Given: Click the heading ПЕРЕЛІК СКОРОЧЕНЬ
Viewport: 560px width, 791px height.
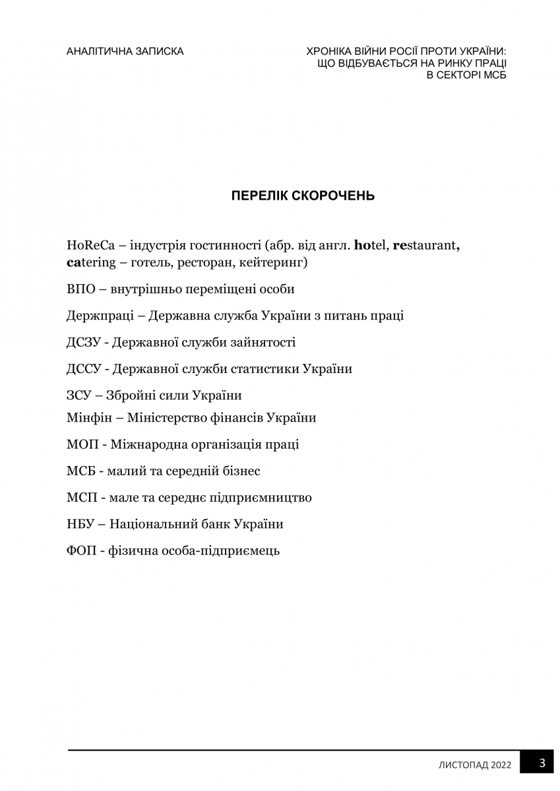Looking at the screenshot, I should pyautogui.click(x=303, y=196).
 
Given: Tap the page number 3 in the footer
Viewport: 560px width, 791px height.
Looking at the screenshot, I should pyautogui.click(x=542, y=763).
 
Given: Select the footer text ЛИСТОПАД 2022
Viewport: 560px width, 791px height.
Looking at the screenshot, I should pyautogui.click(x=475, y=765).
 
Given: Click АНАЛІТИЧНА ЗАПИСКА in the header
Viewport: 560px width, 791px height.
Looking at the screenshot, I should pyautogui.click(x=125, y=51).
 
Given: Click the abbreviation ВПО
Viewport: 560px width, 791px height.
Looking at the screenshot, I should pyautogui.click(x=80, y=289).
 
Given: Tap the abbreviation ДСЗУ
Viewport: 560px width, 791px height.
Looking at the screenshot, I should pyautogui.click(x=82, y=342).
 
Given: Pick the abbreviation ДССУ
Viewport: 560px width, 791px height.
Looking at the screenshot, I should pyautogui.click(x=82, y=368).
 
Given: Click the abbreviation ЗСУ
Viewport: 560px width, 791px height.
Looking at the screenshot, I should pyautogui.click(x=79, y=395).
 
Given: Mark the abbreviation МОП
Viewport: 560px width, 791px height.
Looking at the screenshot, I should pyautogui.click(x=81, y=444).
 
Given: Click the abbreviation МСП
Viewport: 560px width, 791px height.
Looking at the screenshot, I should pyautogui.click(x=80, y=498).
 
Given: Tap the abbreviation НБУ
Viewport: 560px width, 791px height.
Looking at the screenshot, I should pyautogui.click(x=80, y=524).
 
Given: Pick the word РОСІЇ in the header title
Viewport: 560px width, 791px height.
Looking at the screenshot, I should pyautogui.click(x=398, y=51).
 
